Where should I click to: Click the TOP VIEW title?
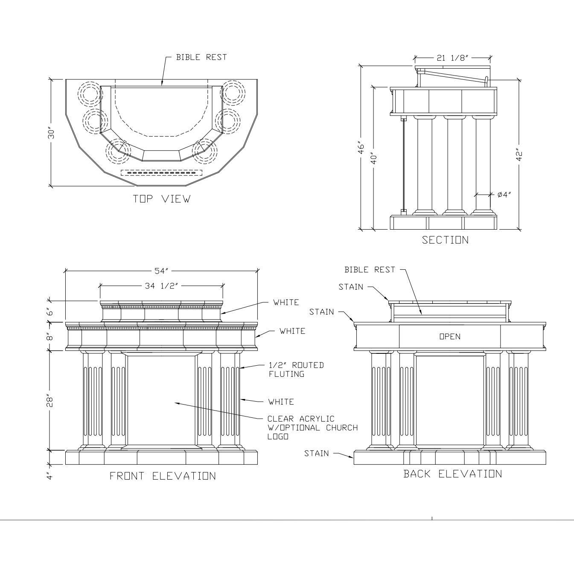click(x=162, y=199)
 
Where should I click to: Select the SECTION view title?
click(x=445, y=240)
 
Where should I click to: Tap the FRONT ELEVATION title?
click(x=163, y=476)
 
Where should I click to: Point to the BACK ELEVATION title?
click(x=453, y=474)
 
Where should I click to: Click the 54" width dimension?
click(x=162, y=271)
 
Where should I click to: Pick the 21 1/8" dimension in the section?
click(x=452, y=58)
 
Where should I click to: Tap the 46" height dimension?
click(x=361, y=148)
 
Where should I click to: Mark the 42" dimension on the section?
click(x=519, y=154)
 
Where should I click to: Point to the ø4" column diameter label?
click(x=504, y=195)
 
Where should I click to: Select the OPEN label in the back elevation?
click(x=450, y=337)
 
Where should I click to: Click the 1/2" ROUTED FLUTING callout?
click(x=296, y=370)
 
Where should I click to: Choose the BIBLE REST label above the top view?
click(x=201, y=57)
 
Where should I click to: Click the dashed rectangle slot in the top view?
click(x=161, y=173)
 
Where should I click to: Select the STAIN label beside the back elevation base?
click(x=316, y=453)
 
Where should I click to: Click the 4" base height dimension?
click(x=50, y=475)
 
